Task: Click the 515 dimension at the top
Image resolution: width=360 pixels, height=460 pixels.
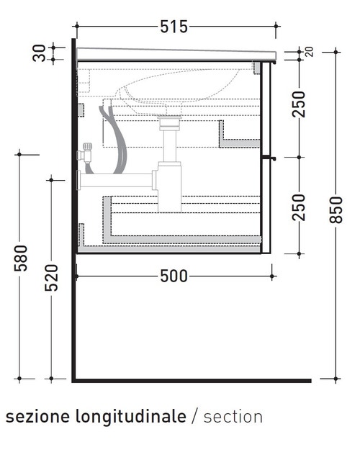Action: (174, 27)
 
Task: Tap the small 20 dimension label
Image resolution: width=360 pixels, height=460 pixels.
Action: (309, 51)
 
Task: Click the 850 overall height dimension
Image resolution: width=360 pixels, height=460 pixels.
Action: (336, 209)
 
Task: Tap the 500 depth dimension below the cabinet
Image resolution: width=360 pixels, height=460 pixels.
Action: (173, 276)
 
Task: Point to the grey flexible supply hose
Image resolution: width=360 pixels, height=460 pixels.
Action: (109, 137)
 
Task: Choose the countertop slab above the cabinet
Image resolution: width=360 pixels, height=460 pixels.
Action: (176, 55)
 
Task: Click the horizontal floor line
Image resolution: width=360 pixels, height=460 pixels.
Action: (192, 379)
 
